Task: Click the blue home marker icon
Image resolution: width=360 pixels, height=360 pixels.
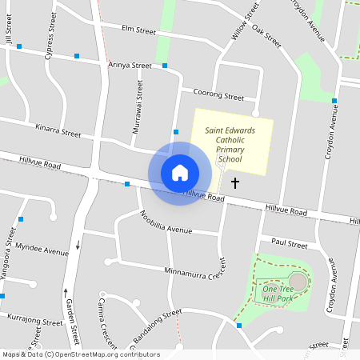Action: (x=180, y=173)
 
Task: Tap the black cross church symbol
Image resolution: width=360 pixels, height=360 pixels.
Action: (x=235, y=183)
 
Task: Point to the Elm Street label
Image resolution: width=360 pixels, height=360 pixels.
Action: (x=138, y=30)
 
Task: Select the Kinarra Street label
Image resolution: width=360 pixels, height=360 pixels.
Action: (x=58, y=129)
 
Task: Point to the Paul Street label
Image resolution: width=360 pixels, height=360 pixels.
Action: (x=289, y=242)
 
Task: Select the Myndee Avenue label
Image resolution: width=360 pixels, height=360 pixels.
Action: (x=42, y=250)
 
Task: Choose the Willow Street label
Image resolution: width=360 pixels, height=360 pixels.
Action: (x=245, y=22)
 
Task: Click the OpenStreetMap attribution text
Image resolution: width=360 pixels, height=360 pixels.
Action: (x=80, y=354)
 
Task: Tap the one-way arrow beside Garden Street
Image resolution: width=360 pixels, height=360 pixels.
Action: (x=78, y=244)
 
